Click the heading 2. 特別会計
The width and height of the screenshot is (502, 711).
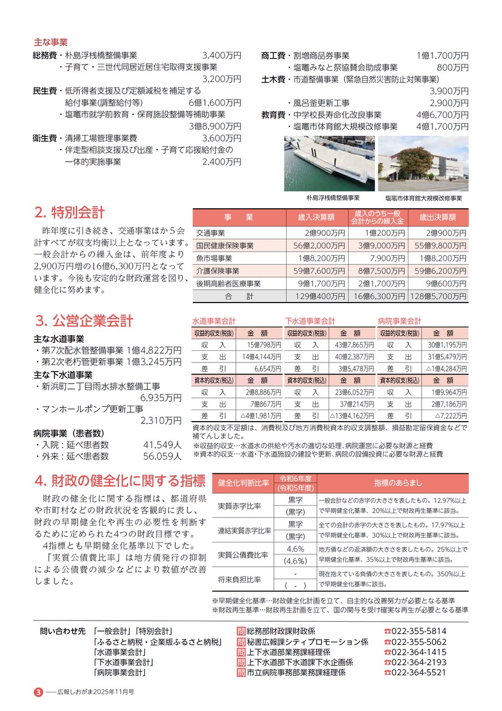coord(69,212)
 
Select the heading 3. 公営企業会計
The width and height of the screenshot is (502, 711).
coord(84,320)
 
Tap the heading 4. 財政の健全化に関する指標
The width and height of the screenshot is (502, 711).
coord(119,480)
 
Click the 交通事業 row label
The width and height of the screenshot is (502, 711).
coord(210,233)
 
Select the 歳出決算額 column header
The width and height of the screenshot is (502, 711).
coord(438,217)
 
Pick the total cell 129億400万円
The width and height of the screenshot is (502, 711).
coord(317,296)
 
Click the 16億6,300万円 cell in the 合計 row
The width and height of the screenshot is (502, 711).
coord(377,296)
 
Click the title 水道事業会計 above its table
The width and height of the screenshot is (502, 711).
coord(214,321)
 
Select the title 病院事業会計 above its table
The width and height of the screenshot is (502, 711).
coord(399,321)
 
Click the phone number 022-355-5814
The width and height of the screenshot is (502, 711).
coord(418,631)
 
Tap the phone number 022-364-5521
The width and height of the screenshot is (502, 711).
coord(418,672)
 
